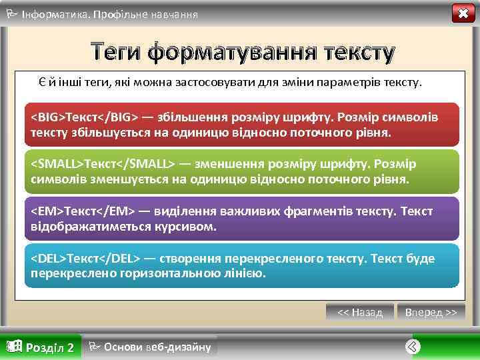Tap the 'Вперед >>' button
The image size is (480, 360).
431,312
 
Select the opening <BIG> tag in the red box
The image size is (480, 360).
47,118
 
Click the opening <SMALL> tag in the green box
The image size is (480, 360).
55,164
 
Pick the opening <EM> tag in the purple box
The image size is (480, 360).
46,211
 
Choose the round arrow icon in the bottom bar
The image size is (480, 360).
413,346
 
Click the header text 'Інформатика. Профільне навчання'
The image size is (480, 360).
109,14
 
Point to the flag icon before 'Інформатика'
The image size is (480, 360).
11,13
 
